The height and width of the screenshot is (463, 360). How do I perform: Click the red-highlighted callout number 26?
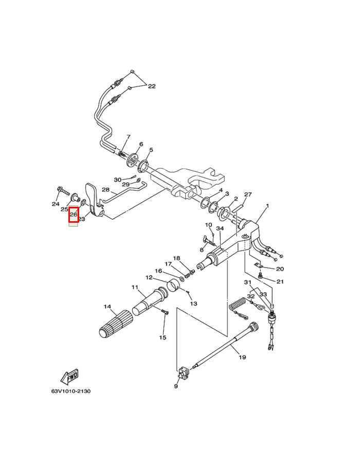[74, 215]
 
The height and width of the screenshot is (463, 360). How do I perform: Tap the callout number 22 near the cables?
[151, 86]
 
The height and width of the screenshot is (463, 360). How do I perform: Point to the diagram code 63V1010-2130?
[70, 391]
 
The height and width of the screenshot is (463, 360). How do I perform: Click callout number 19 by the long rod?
[242, 357]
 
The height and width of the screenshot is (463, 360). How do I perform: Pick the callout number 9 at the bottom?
[176, 386]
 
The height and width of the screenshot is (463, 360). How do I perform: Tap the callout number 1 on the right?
[267, 206]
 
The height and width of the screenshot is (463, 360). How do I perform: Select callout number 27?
[248, 194]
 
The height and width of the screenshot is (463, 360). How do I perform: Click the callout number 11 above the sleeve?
[135, 287]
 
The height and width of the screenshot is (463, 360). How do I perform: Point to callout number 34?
[220, 228]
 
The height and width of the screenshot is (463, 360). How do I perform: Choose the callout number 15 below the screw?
[163, 337]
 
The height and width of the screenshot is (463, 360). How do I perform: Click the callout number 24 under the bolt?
[56, 204]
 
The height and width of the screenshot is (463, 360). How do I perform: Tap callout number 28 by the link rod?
[105, 190]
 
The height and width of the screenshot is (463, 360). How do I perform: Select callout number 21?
[280, 281]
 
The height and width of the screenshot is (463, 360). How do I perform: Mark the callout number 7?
[129, 137]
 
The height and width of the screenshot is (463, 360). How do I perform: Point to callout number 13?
[193, 304]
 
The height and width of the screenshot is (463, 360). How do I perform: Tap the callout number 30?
[118, 180]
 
